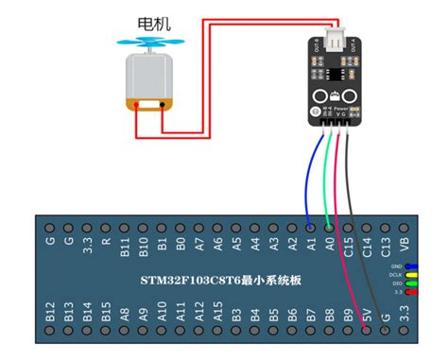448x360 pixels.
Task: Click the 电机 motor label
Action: [154, 23]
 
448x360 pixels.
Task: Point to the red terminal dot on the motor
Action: [138, 104]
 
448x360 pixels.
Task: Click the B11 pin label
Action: [124, 248]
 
